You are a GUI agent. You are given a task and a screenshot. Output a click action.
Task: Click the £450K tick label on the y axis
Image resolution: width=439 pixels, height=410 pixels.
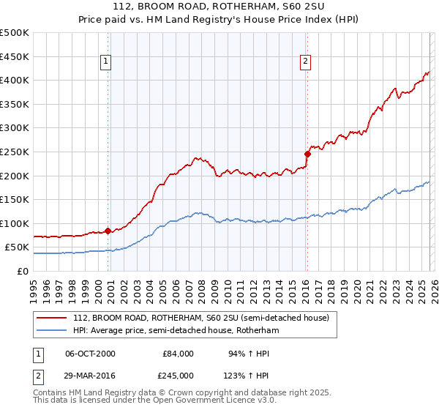(x=15, y=56)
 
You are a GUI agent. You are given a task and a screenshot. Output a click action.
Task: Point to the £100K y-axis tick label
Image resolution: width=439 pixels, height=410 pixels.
(x=15, y=223)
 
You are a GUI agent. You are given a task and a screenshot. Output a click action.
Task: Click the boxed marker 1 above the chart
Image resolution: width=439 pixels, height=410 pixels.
(x=107, y=62)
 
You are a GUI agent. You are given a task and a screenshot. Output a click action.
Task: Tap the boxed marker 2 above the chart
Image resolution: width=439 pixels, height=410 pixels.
(x=305, y=62)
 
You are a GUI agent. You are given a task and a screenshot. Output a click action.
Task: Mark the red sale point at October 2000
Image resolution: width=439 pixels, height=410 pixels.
(x=108, y=231)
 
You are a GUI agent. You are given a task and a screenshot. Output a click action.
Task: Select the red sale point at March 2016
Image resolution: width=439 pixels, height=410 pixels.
(x=308, y=154)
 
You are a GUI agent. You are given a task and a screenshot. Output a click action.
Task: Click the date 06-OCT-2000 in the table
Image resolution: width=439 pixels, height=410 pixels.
(x=90, y=354)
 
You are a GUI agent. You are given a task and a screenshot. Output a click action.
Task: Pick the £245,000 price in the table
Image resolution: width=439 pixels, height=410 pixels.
(x=178, y=375)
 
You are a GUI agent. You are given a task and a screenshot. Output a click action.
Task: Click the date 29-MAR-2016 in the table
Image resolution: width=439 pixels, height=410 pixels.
(x=90, y=375)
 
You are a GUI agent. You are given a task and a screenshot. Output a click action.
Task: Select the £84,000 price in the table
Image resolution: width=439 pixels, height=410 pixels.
(x=178, y=354)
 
